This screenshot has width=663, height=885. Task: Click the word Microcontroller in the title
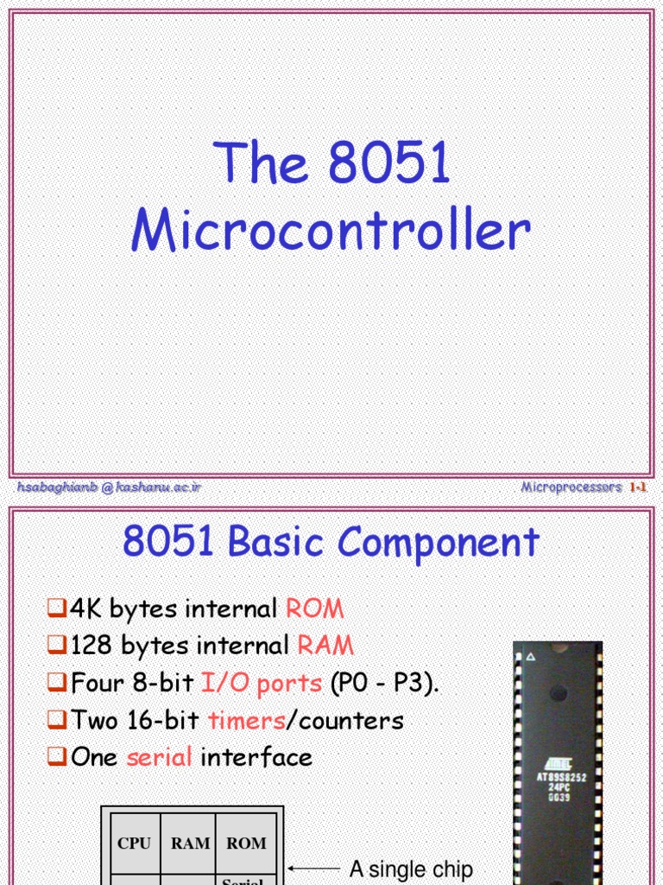[331, 232]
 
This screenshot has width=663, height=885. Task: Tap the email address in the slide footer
[109, 487]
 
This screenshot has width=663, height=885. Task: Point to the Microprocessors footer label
[571, 487]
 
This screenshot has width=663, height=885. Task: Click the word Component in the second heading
[439, 543]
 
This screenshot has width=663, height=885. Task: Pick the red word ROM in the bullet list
[314, 608]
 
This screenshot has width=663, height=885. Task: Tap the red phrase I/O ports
[262, 683]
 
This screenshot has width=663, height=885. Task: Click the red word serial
[160, 757]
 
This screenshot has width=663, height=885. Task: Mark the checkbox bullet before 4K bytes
[57, 609]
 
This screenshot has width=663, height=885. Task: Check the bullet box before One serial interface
[57, 758]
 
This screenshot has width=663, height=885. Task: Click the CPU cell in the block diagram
[133, 844]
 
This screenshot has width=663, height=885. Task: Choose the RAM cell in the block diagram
[190, 844]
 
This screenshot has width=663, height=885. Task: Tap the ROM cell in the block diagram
[246, 844]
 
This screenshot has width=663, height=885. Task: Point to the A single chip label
[411, 868]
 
